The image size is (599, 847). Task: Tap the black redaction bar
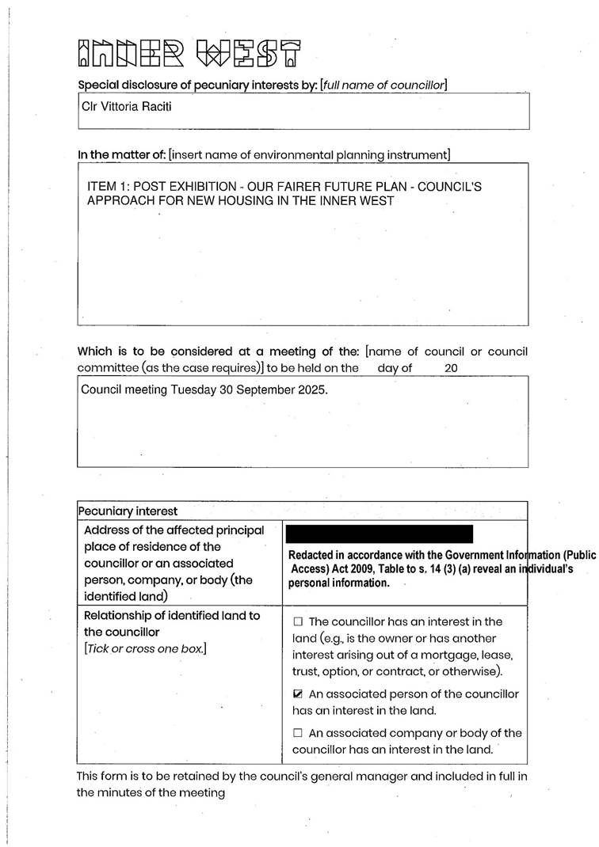coord(380,534)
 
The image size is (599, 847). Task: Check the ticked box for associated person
coord(298,694)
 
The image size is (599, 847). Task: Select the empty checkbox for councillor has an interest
coord(298,622)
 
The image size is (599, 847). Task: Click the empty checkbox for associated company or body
coord(298,734)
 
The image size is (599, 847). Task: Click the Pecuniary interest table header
coord(128,511)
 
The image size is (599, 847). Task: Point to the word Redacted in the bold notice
coord(313,556)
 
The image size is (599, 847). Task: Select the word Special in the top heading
coord(99,85)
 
